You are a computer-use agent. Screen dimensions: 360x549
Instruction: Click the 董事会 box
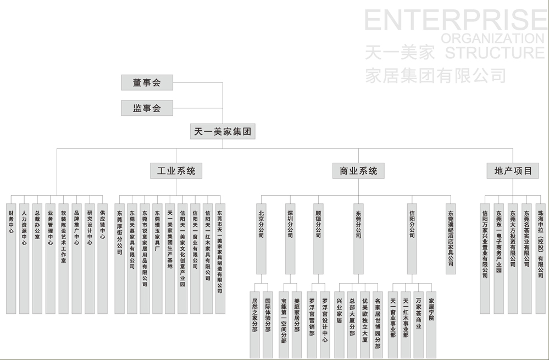pos(147,83)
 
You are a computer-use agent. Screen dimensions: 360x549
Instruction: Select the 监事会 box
pos(147,108)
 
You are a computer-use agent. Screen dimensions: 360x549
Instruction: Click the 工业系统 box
pos(176,171)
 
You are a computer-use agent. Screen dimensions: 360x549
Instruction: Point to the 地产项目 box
pos(512,171)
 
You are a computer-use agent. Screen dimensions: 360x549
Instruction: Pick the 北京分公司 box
pos(261,239)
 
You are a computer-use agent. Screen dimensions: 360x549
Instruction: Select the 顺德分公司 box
pos(318,239)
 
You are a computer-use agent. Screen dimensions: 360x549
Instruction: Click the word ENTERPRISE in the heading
pos(456,21)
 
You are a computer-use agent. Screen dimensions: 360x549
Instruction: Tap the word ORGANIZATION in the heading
pos(492,38)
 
